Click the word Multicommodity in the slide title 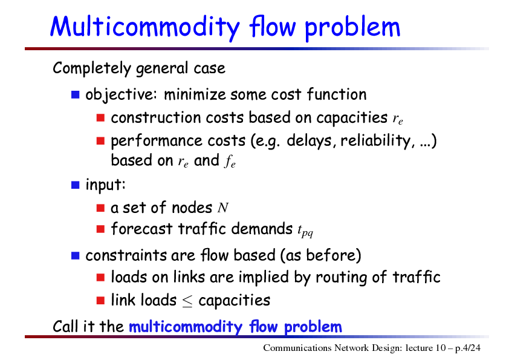[145, 27]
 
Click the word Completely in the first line [92, 68]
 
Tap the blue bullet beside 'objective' [76, 94]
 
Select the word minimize [195, 94]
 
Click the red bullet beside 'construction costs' [100, 117]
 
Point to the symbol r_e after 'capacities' [398, 120]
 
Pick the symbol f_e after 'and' [230, 161]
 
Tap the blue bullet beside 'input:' [76, 185]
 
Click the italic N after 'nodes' [223, 208]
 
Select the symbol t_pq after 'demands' [305, 231]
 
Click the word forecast [141, 229]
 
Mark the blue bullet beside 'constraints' [76, 256]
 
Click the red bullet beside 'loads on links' [100, 278]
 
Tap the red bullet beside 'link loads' [100, 300]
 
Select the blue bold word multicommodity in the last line [186, 327]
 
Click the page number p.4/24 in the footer [468, 349]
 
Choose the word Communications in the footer [297, 348]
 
